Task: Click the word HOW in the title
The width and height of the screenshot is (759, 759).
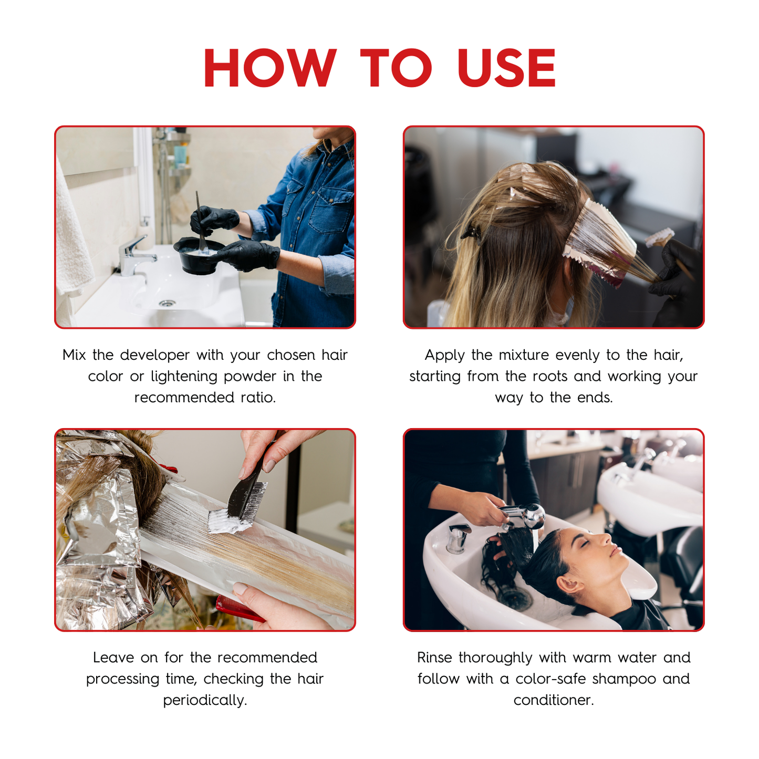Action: [x=270, y=67]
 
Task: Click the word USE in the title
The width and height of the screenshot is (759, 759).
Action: [x=506, y=67]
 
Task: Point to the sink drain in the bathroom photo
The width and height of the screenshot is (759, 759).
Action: [x=168, y=303]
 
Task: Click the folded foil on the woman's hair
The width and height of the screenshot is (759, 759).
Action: [x=599, y=245]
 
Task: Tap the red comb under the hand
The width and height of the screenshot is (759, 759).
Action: [x=240, y=609]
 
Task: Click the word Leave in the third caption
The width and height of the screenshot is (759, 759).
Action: [x=113, y=658]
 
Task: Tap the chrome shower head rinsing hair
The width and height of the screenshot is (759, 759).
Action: [x=523, y=516]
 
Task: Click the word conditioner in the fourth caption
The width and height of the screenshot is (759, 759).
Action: [x=554, y=700]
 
